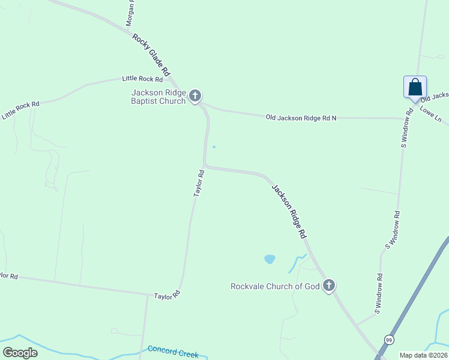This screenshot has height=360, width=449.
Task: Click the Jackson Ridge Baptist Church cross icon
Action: tap(195, 95)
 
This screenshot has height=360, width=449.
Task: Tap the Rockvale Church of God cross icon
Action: tap(328, 286)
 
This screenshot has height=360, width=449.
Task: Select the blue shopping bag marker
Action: tap(415, 87)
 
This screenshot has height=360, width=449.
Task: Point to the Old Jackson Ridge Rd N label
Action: tap(301, 118)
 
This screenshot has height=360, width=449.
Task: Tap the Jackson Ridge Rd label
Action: tap(289, 212)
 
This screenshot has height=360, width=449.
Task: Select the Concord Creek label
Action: tap(173, 351)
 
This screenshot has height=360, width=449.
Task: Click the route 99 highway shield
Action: tap(389, 340)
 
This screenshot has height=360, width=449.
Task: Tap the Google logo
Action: tap(20, 353)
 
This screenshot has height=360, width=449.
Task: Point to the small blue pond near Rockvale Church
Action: tap(270, 259)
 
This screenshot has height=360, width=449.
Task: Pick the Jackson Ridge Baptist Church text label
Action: tap(158, 96)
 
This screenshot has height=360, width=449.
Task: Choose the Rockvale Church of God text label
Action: tap(275, 286)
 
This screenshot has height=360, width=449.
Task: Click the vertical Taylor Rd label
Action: tap(199, 184)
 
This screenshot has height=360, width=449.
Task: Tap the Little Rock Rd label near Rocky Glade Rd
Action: tap(142, 79)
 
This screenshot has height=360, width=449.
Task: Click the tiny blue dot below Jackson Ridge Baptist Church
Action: tap(214, 146)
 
